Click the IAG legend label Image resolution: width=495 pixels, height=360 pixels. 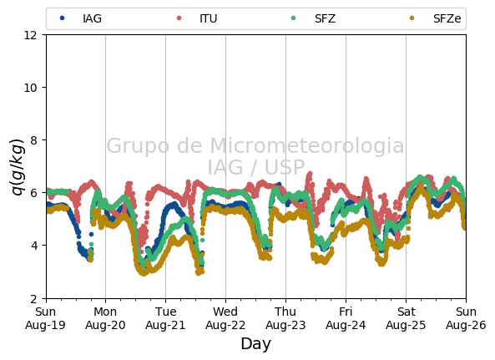92,18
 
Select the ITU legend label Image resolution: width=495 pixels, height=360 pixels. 209,18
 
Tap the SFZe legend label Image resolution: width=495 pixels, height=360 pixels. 447,18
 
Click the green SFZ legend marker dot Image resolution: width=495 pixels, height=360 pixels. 293,18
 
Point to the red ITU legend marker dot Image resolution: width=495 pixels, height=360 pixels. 179,18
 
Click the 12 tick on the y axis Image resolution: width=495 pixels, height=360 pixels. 30,35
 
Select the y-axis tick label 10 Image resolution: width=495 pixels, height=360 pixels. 30,88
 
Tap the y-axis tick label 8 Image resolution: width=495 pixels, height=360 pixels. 33,140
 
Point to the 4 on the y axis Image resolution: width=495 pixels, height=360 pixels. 33,246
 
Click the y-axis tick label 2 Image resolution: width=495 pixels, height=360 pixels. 33,298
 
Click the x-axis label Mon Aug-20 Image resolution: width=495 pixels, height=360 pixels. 105,318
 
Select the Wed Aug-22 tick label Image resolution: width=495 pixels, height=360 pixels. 225,318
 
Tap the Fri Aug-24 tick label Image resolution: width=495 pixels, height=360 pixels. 346,318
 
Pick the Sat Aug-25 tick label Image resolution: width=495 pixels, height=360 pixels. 406,318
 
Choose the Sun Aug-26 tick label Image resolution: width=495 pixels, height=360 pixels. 466,318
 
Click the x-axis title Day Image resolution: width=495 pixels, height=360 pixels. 256,344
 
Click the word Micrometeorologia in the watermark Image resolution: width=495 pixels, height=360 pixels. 307,146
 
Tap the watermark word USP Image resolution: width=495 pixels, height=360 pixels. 285,167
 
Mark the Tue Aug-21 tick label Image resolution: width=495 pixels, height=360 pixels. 165,318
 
